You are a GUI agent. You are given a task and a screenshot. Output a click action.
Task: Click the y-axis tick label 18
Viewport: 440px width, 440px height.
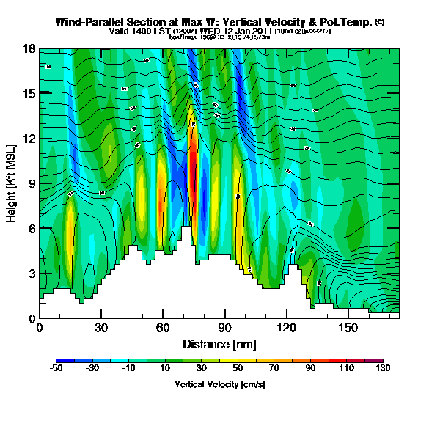29,49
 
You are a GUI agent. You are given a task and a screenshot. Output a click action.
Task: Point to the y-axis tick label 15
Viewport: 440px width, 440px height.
29,94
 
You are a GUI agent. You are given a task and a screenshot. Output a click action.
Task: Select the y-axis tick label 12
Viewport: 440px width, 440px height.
29,139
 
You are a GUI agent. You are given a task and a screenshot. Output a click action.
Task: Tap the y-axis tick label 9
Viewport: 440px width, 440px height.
32,183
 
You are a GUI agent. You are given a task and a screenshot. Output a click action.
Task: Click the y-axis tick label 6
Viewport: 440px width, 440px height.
32,228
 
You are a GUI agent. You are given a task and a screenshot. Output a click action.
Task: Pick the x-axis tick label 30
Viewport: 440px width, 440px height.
101,326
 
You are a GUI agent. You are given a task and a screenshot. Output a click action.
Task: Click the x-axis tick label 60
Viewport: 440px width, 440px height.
163,326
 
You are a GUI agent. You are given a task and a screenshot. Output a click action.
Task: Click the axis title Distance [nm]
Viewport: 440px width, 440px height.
220,344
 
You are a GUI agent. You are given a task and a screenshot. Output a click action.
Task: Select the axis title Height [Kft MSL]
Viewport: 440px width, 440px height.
12,183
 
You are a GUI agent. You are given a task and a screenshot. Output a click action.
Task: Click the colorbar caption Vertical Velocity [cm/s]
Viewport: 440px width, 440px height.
220,384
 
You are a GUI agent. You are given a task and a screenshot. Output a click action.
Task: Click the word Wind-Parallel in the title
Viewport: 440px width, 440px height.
90,23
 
